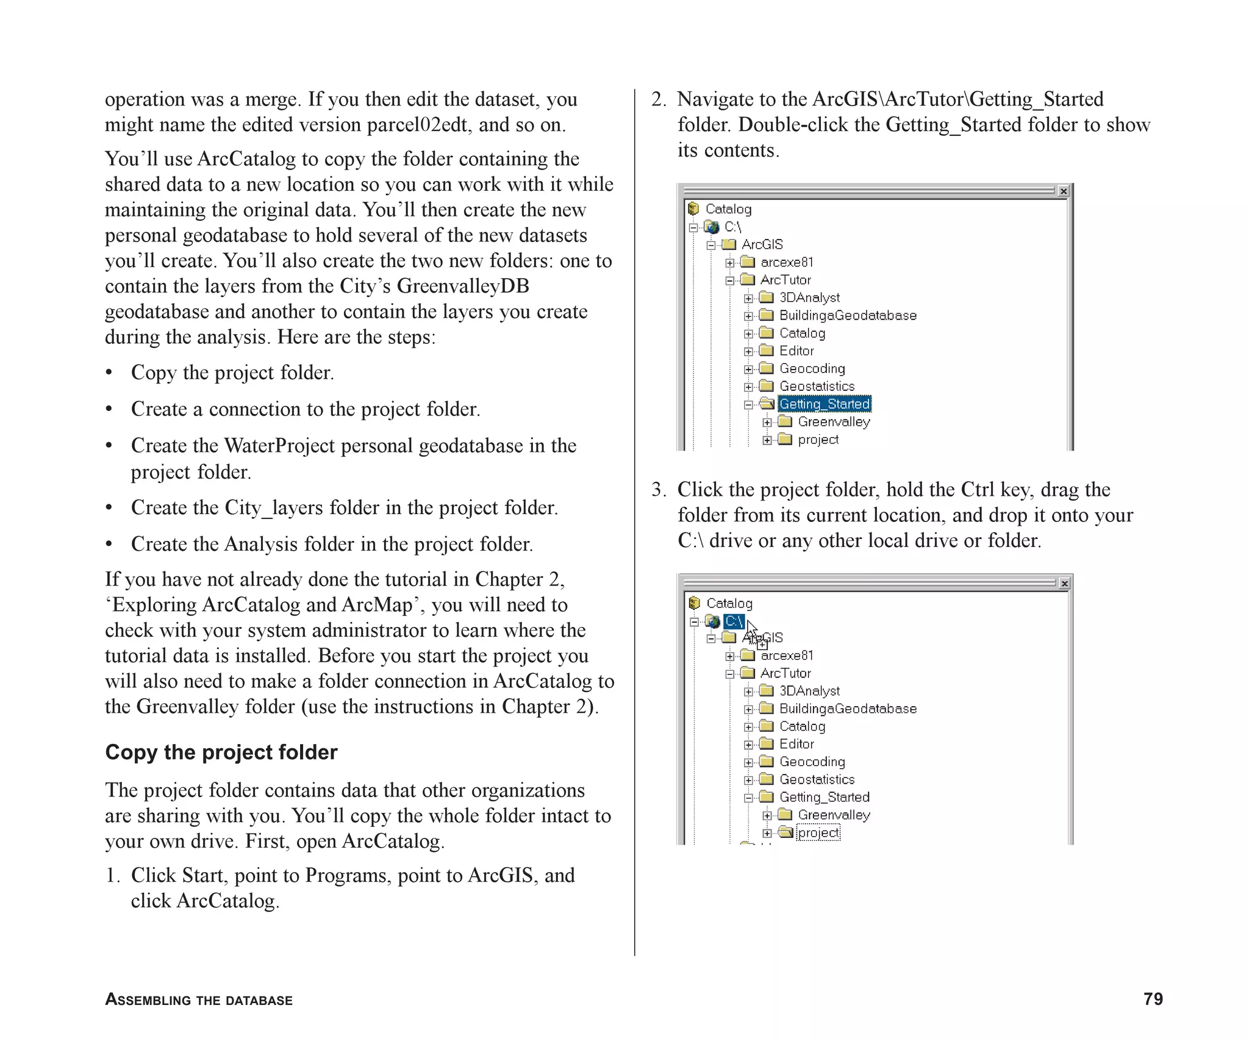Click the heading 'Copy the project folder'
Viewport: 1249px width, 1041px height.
coord(221,752)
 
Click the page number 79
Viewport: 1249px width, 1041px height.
coord(1153,999)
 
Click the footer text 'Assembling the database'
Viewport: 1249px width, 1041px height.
coord(199,1000)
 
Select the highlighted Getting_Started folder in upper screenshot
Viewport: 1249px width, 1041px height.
coord(824,404)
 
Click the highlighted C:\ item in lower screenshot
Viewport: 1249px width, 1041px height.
coord(734,621)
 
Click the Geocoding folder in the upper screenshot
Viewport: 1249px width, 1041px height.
coord(812,368)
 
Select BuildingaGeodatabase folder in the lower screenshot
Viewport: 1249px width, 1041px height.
coord(847,709)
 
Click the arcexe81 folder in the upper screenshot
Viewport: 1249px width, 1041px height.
coord(787,262)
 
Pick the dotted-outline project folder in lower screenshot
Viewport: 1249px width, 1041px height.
coord(818,833)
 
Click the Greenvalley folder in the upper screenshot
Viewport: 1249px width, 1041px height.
coord(833,422)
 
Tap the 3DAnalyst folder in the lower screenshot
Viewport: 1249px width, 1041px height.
coord(809,691)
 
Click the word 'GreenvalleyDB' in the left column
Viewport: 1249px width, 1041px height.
coord(463,286)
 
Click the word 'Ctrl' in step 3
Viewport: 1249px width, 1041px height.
coord(978,490)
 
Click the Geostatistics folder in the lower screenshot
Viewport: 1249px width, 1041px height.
coord(817,779)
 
